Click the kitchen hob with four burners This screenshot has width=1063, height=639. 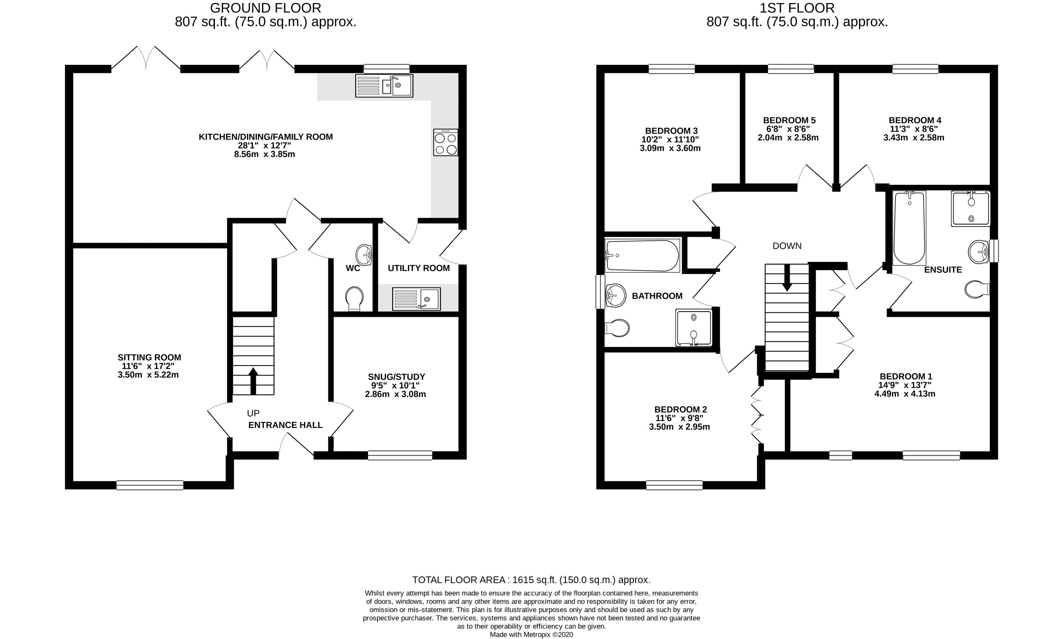pos(446,143)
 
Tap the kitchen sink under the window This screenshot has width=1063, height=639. pos(384,85)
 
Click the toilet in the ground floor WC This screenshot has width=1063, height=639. pos(354,298)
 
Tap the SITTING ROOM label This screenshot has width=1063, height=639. pos(149,357)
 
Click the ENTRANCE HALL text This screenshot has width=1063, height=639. pos(285,425)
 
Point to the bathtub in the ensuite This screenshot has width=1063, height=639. pos(910,228)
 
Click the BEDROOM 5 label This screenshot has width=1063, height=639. pos(789,120)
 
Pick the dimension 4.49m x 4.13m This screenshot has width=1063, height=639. pos(904,394)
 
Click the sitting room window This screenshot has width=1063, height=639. pos(150,485)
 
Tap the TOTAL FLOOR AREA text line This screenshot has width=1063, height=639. pos(531,580)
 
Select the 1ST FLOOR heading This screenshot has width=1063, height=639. pos(796,8)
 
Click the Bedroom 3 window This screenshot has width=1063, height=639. pos(671,69)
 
